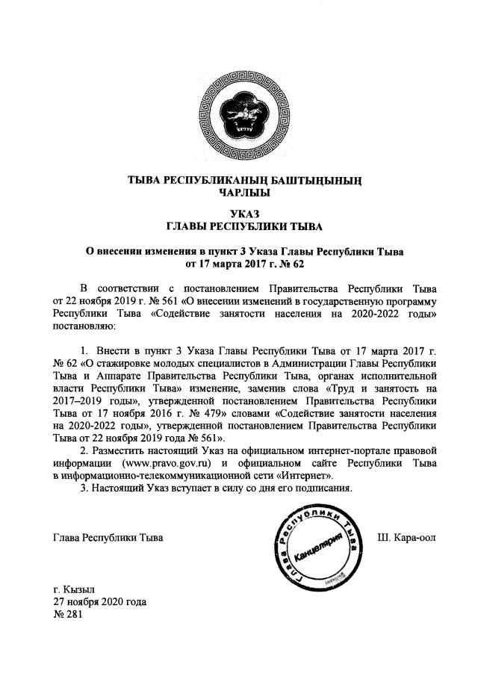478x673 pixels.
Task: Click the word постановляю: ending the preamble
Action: [82, 326]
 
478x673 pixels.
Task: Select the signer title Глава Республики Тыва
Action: [108, 538]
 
